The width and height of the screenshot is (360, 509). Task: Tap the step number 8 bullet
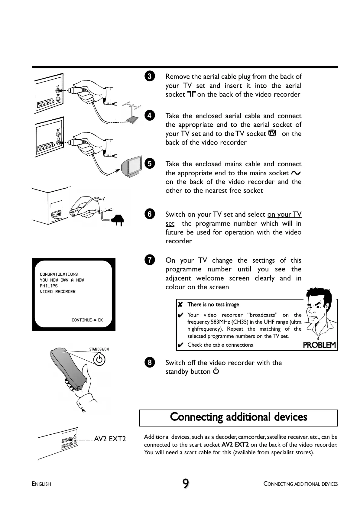[150, 362]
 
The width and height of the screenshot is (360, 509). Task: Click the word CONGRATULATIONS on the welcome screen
[59, 274]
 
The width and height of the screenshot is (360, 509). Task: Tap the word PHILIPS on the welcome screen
[49, 286]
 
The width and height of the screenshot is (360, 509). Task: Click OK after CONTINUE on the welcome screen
[100, 320]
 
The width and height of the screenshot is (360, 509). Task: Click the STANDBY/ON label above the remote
[99, 349]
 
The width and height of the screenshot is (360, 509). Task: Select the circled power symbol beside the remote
[99, 359]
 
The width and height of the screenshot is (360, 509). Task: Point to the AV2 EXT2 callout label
[110, 439]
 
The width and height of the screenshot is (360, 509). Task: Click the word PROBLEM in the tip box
[319, 345]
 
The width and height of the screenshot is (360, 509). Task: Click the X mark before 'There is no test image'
[180, 304]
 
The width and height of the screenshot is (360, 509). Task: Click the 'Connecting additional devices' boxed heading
[238, 417]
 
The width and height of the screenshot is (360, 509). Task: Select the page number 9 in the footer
[186, 483]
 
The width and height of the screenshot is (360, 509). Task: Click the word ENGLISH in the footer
[41, 484]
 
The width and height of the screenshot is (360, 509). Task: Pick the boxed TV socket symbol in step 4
[272, 133]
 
